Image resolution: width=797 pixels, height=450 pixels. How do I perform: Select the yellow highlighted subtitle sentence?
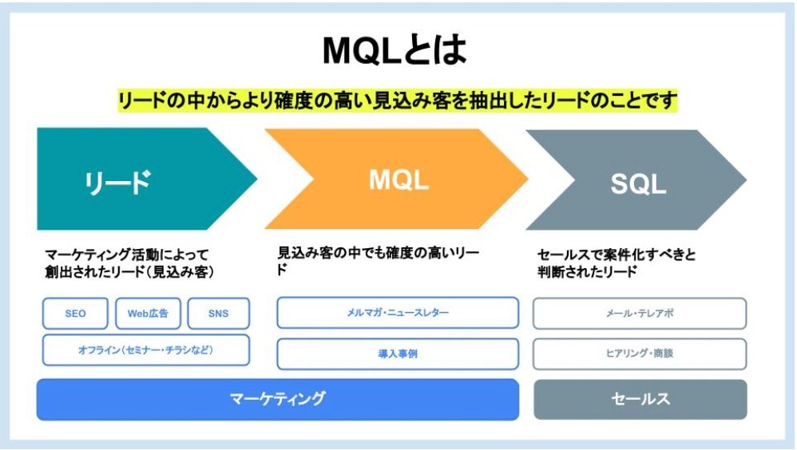398,101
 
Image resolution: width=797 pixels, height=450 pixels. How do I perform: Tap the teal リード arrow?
136,180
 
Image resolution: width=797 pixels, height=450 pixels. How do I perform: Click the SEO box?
76,314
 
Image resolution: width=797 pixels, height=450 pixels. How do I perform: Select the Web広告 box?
149,314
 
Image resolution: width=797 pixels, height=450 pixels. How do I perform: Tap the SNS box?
218,314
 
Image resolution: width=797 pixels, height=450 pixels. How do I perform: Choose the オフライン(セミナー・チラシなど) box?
145,349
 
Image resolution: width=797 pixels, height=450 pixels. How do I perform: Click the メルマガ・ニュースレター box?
398,312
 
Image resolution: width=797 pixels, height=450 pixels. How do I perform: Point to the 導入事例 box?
398,353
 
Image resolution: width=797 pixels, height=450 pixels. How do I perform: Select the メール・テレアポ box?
640,314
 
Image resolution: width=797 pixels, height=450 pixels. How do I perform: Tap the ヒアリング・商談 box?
640,353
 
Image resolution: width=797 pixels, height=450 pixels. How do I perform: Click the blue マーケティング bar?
277,399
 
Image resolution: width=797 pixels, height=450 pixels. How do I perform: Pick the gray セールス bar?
640,399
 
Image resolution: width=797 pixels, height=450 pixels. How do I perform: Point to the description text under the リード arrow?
132,263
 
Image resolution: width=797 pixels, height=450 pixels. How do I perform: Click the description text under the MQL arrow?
379,260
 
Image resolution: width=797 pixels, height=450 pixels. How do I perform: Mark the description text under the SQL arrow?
617,263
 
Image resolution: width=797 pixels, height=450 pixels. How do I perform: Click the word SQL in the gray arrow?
638,184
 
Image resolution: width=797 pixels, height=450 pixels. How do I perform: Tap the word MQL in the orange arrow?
398,180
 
